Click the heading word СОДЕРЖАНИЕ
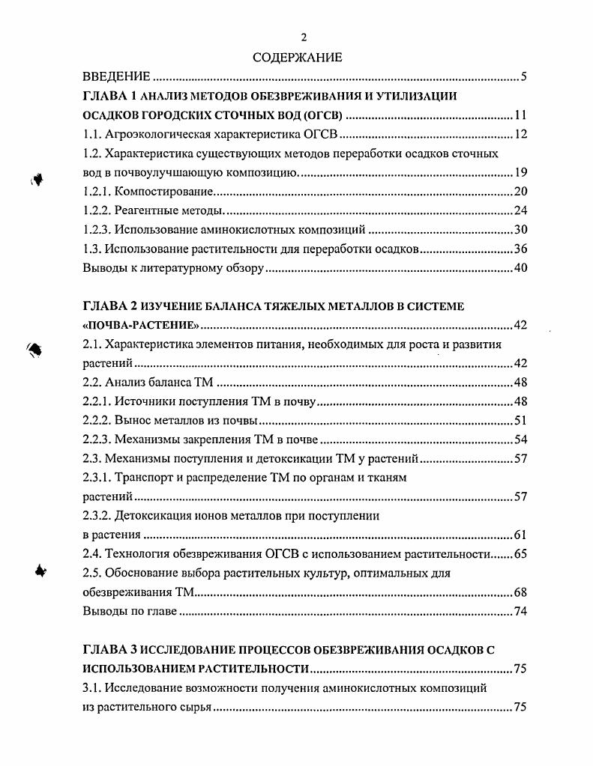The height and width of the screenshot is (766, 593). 297,57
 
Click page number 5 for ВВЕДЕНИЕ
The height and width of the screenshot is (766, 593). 524,76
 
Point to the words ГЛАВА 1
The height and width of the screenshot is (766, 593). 105,96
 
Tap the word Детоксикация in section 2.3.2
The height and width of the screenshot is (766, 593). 155,516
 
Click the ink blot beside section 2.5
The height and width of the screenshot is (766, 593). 41,571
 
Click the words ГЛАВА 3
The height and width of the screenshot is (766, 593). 106,648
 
